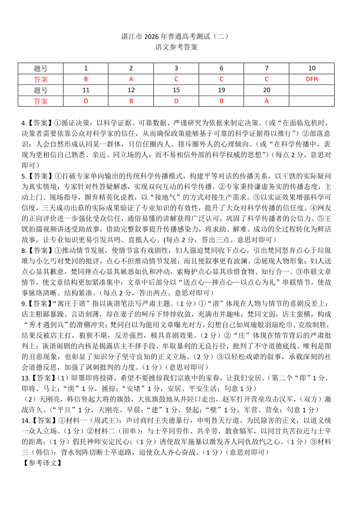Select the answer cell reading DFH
tap(311, 79)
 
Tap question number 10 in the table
tap(311, 68)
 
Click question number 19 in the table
tap(221, 90)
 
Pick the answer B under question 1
tap(86, 79)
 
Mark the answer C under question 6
tap(221, 79)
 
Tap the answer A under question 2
tap(131, 79)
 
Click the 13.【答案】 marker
tap(39, 377)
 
